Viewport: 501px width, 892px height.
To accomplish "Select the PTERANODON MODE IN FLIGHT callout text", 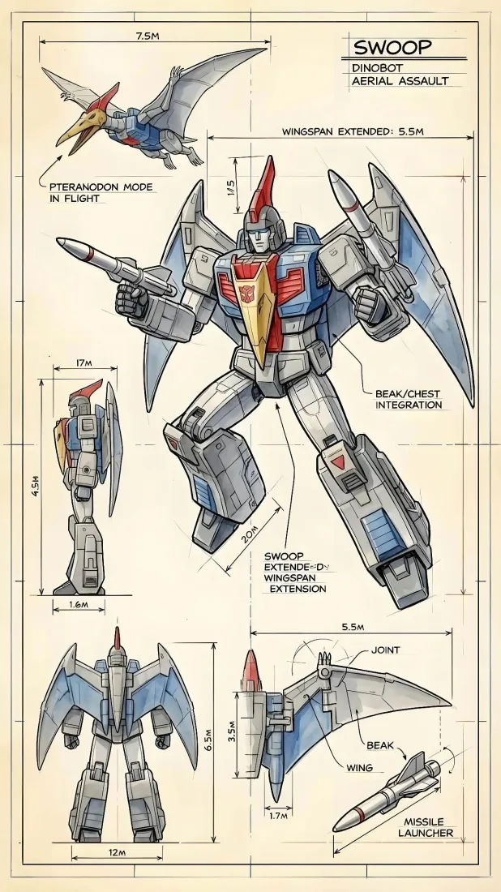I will (96, 192).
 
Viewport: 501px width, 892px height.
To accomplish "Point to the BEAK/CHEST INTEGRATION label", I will (409, 398).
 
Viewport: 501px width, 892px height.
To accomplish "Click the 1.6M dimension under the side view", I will (79, 605).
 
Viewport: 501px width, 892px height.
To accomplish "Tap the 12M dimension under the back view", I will (117, 852).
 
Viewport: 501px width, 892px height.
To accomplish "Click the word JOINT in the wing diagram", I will (385, 650).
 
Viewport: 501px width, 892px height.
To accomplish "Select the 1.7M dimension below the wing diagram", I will (278, 816).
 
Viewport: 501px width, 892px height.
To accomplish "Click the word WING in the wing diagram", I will (359, 767).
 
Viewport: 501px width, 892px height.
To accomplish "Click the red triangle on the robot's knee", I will (337, 462).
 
